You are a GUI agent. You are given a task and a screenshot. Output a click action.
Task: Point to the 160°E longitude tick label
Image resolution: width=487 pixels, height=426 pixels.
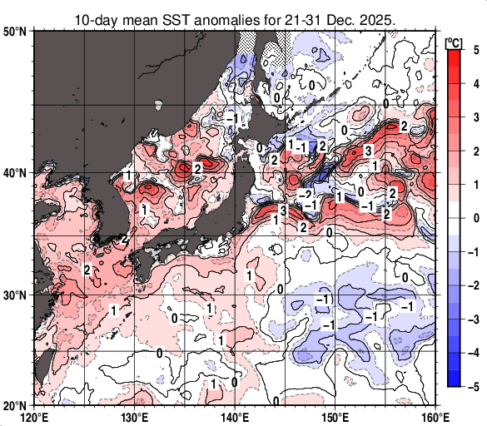click(434, 416)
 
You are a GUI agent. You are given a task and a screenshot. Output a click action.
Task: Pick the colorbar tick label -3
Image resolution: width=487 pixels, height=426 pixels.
click(473, 319)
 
